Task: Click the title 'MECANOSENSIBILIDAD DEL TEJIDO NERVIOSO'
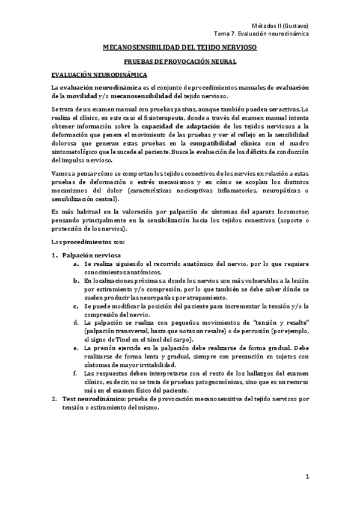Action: point(180,48)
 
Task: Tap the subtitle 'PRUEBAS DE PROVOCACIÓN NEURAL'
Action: point(180,61)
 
